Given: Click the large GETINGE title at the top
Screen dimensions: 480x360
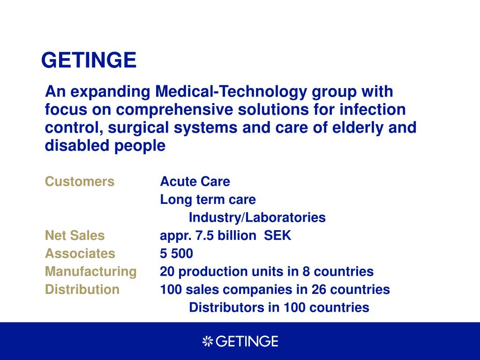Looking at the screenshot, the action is click(89, 60).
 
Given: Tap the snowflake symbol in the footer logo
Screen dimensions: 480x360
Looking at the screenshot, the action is click(208, 341).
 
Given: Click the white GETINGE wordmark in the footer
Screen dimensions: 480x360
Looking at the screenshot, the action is click(247, 341).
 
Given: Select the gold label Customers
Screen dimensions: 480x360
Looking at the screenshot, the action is click(80, 181).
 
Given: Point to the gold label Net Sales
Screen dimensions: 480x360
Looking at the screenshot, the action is click(75, 235).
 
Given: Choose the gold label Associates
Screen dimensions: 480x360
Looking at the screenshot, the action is click(80, 254).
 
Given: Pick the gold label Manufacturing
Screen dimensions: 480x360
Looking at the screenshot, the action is click(90, 272).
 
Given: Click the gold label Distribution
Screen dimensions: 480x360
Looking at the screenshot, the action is click(82, 290).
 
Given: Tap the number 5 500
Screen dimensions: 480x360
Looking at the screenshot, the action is click(176, 254).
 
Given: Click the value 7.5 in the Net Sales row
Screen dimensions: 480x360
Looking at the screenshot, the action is click(200, 235).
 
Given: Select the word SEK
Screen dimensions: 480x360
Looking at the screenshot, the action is click(277, 235).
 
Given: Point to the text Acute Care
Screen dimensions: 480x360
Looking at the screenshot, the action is click(195, 181).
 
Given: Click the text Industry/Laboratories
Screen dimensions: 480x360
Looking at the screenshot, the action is click(257, 217).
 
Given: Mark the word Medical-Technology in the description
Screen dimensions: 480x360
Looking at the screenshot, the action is click(231, 91).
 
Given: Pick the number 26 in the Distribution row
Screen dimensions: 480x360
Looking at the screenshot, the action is click(319, 290).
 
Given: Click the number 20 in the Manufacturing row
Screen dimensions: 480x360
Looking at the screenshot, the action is click(167, 271).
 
